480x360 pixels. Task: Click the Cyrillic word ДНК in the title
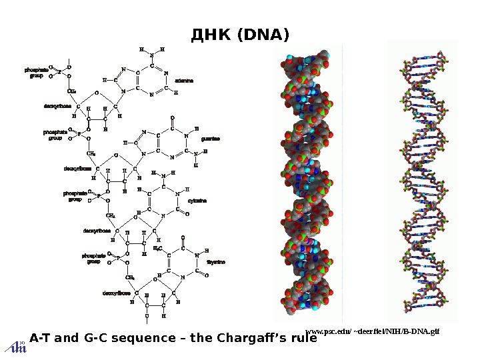coord(208,34)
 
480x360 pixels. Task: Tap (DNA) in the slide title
coord(260,34)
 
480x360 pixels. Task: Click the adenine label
coord(184,80)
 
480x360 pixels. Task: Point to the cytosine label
coord(197,200)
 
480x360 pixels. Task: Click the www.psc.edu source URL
coord(373,330)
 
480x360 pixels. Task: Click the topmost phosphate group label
coord(37,72)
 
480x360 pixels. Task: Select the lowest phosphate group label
coord(93,258)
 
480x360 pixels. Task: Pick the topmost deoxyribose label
coord(57,105)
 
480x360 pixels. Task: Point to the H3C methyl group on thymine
coord(158,248)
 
